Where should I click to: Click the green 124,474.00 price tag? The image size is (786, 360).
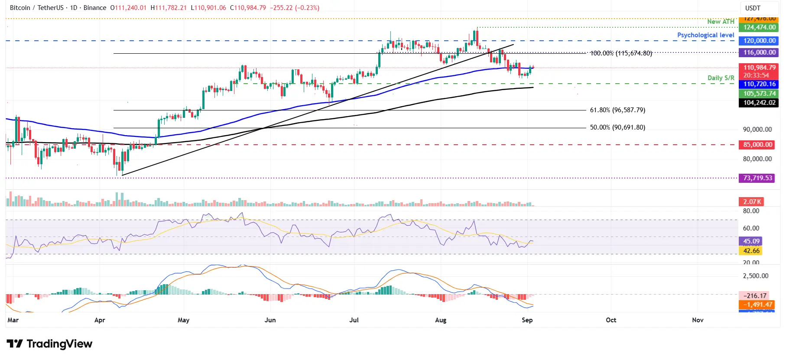(759, 27)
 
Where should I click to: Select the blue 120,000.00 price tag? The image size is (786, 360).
(759, 41)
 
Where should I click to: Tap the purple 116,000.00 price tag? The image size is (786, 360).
(759, 52)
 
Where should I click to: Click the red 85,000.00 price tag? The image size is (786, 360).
(757, 145)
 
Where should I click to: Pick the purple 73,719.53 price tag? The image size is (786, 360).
(757, 178)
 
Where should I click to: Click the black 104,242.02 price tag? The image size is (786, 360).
(759, 103)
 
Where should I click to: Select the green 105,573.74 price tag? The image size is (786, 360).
(759, 94)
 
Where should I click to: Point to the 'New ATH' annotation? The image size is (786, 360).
(721, 21)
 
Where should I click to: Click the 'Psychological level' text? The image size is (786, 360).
(705, 35)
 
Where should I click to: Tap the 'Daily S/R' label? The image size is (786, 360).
(721, 78)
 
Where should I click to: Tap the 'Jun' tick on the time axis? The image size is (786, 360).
(270, 320)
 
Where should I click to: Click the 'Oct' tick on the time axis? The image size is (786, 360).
(611, 320)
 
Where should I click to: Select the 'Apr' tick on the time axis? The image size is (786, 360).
(100, 320)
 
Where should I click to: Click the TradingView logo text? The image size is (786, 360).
(59, 344)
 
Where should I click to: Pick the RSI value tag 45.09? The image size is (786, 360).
(751, 241)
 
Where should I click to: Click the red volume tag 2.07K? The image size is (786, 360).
(752, 202)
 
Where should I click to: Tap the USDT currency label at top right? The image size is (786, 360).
(753, 8)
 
